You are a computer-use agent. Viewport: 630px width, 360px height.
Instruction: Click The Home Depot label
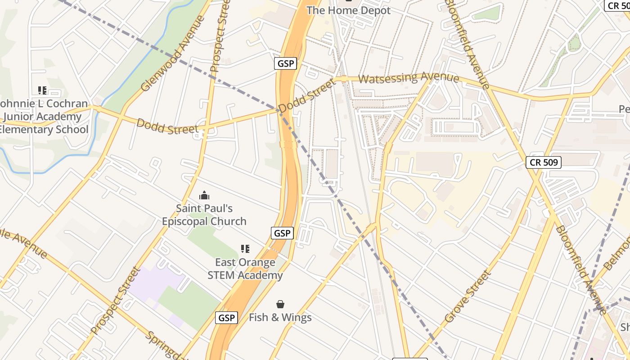348,10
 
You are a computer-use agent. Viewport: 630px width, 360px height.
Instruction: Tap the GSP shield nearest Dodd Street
286,63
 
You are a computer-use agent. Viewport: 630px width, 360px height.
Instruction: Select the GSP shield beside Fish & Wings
226,318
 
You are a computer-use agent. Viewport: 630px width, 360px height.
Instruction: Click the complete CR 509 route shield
544,162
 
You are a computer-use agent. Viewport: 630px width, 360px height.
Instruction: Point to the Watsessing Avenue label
409,78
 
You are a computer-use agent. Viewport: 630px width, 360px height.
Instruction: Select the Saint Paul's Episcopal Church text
204,215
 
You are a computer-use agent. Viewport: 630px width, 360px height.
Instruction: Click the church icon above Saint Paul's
204,195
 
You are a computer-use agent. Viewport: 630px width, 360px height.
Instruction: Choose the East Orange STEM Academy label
245,269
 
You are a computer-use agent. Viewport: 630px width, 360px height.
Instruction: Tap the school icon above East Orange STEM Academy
245,248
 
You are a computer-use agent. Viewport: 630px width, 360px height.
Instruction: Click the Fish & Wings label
280,317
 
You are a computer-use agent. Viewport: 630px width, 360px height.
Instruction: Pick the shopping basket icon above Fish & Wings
280,304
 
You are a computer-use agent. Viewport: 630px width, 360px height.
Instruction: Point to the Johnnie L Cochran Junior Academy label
44,117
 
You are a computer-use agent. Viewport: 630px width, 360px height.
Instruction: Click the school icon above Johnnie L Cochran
42,90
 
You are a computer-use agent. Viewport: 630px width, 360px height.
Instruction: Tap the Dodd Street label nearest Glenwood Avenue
167,126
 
